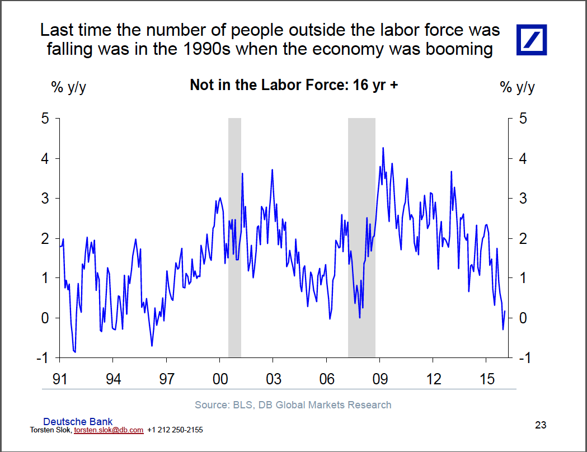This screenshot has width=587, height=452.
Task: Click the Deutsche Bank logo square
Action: [532, 40]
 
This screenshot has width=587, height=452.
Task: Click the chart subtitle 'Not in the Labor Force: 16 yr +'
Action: [294, 85]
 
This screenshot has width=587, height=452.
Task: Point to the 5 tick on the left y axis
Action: [46, 119]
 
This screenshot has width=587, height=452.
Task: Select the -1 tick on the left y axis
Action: [44, 358]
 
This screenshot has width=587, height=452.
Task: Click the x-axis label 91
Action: [59, 379]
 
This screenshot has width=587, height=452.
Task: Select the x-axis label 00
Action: [220, 379]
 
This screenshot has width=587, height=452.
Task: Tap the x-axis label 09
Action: [380, 379]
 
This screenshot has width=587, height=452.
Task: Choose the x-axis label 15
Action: [487, 379]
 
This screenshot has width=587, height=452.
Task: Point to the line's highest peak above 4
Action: [383, 148]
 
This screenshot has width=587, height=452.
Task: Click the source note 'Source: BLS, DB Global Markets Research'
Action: [293, 404]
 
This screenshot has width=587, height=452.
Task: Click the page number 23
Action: [540, 425]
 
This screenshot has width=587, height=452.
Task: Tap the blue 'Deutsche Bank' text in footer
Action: [78, 422]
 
